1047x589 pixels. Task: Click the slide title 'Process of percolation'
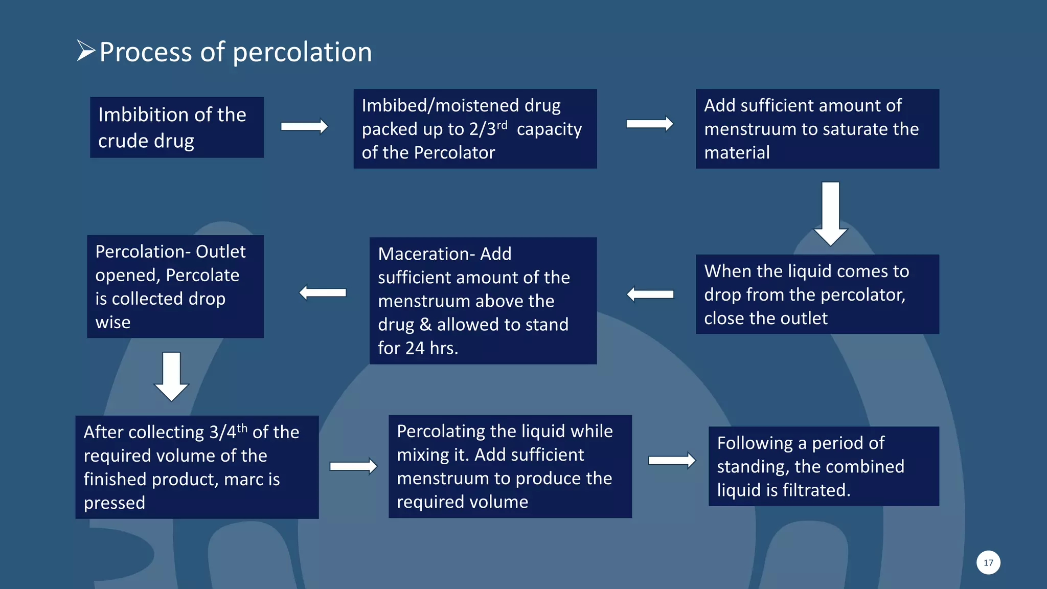(x=235, y=52)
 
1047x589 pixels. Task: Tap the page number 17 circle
(x=988, y=562)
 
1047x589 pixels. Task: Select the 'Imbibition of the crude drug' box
(x=176, y=127)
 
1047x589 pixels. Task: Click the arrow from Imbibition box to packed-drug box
(x=304, y=126)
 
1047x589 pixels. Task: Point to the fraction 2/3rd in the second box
(x=488, y=128)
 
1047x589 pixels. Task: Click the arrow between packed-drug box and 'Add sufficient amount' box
(x=649, y=124)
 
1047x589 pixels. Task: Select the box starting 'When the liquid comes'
(x=817, y=294)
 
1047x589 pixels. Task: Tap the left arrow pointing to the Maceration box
(x=650, y=294)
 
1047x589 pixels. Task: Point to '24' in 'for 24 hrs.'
(x=415, y=348)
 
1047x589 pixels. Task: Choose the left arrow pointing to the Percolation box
(x=323, y=292)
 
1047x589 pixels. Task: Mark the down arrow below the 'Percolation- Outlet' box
(x=171, y=376)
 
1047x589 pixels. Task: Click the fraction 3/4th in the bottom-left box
(x=229, y=432)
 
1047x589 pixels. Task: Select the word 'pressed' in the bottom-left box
(x=115, y=503)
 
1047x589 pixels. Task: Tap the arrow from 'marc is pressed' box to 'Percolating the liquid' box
(x=353, y=466)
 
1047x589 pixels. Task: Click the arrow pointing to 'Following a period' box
(x=672, y=460)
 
